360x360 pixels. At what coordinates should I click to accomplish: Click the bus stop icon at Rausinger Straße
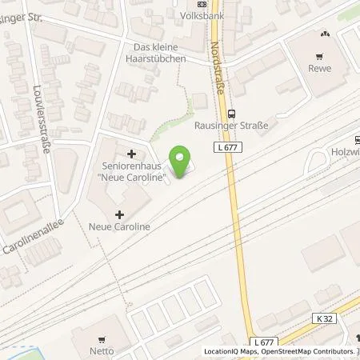tap(231, 113)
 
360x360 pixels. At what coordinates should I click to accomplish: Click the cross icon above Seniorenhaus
tap(131, 153)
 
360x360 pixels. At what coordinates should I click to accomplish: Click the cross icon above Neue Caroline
tap(119, 214)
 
